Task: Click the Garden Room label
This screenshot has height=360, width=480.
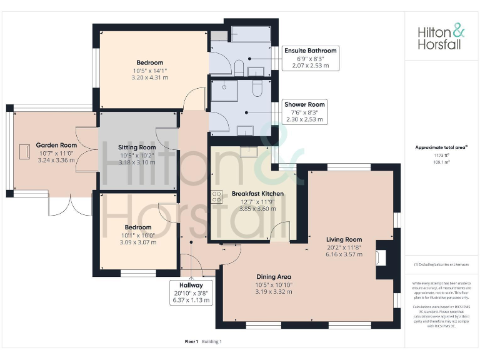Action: click(56, 145)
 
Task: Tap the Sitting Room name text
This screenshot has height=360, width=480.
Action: click(137, 147)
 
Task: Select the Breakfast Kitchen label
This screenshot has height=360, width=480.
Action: click(257, 194)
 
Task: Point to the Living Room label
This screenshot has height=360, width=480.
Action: click(344, 239)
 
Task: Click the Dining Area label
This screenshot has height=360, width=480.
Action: click(274, 276)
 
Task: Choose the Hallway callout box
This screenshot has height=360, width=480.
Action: click(191, 292)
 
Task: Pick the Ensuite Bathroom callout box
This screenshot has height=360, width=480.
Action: click(311, 57)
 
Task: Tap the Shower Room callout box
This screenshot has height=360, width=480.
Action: click(305, 111)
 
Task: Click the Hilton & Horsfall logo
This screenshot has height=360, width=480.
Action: click(441, 37)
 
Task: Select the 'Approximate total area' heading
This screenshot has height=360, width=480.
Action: click(441, 147)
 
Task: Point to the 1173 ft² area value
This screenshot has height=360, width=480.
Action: click(441, 155)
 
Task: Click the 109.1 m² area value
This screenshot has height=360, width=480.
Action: click(441, 162)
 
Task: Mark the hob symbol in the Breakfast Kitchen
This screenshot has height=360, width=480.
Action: click(217, 196)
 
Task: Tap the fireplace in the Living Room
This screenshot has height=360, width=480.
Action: click(381, 257)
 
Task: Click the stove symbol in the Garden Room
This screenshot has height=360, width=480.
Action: click(26, 151)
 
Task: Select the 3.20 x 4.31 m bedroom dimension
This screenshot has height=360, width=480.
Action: click(149, 78)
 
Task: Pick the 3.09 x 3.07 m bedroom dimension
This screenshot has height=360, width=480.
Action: click(137, 242)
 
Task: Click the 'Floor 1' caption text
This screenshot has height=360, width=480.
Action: click(191, 342)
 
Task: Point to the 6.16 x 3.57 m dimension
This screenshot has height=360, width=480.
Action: click(344, 254)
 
